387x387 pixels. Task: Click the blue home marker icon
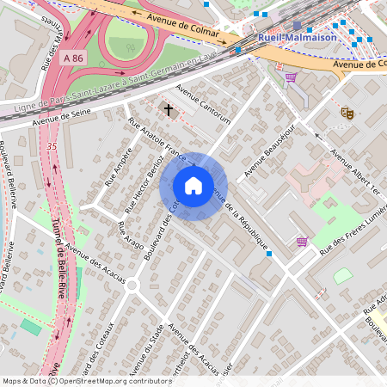pos(193,186)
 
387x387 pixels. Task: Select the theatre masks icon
pos(347,112)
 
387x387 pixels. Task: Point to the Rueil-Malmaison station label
pos(300,39)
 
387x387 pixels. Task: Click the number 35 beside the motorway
pos(52,147)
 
